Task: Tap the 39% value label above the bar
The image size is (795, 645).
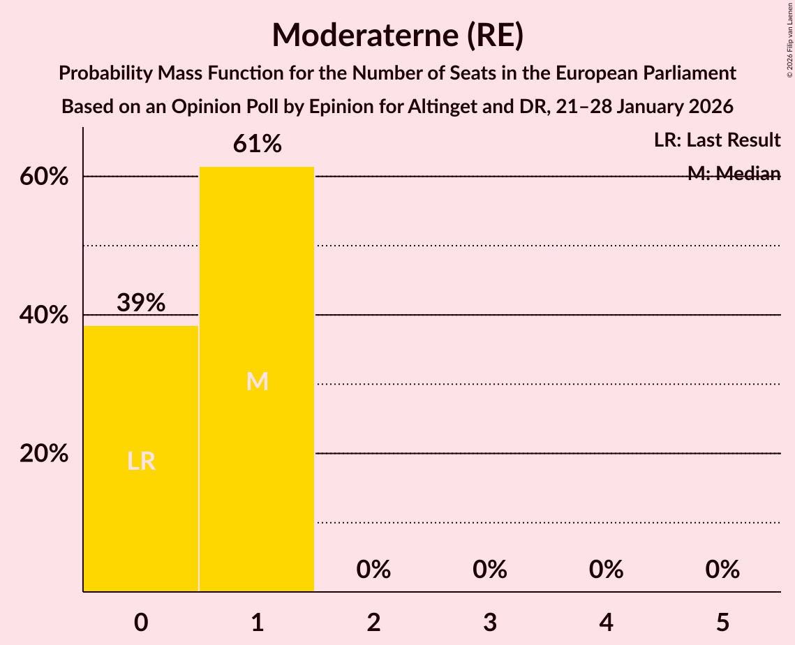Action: (x=141, y=303)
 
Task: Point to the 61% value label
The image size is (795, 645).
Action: (x=257, y=144)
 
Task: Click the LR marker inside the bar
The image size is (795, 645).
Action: (x=141, y=461)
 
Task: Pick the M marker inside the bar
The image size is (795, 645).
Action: (x=257, y=381)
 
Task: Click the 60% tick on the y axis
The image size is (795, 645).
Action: (x=44, y=177)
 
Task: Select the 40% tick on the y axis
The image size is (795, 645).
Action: (x=44, y=316)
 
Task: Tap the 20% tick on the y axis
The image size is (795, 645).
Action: (x=44, y=454)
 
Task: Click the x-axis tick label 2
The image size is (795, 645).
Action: (x=373, y=622)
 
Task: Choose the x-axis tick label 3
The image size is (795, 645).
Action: (x=490, y=622)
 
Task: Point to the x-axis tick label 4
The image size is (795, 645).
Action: (x=606, y=622)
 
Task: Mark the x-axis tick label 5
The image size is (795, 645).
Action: (x=722, y=622)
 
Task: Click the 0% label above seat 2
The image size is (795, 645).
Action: (x=373, y=570)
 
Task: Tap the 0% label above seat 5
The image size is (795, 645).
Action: (x=722, y=570)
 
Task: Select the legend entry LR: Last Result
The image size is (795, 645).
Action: (x=717, y=140)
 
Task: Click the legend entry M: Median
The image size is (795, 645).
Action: (x=734, y=174)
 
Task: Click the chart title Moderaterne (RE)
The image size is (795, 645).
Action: (x=397, y=35)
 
